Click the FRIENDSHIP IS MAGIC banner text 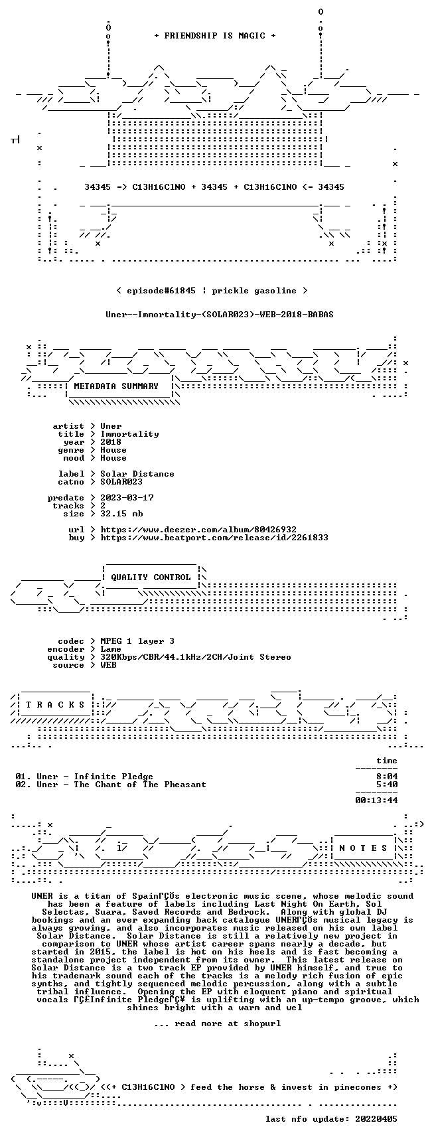pos(214,36)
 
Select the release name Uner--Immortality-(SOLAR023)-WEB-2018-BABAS pos(220,315)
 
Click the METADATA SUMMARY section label pos(116,386)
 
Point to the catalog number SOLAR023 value pos(121,482)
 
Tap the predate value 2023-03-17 pos(127,498)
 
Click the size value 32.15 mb pos(121,514)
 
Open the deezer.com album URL pos(198,530)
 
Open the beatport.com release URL pos(214,538)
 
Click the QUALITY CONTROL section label pos(151,577)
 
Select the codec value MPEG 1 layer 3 pos(137,641)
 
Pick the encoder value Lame pos(111,649)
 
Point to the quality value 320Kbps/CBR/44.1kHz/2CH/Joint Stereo pos(196,657)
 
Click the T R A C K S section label pos(55,705)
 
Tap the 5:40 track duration pos(387,785)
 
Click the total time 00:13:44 pos(376,800)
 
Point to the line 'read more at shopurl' pos(217,1024)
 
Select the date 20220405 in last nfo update pos(376,1119)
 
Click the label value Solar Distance pos(137,474)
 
